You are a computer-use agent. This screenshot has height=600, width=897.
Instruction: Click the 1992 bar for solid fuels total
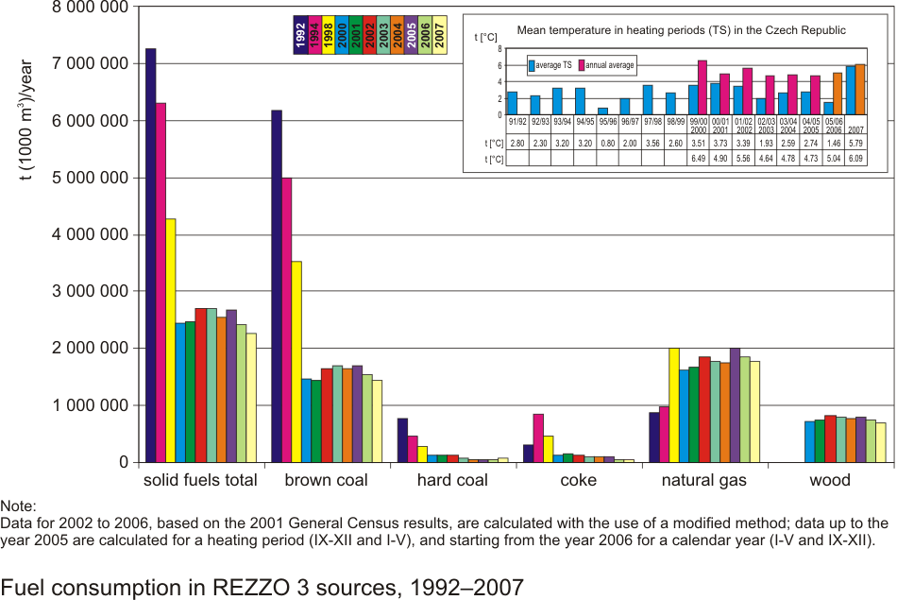150,255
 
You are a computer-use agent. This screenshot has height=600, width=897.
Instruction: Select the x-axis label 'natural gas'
703,480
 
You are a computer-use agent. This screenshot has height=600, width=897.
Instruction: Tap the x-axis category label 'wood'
830,480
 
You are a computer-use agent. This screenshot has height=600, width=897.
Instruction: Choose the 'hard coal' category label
452,480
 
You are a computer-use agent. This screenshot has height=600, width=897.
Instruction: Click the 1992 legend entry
299,35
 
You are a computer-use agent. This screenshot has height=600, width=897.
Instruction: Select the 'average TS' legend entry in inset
551,65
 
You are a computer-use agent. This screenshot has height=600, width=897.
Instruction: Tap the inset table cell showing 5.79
856,144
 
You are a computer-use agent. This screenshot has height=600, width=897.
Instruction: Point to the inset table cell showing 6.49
698,160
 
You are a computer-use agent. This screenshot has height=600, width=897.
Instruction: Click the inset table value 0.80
607,144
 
